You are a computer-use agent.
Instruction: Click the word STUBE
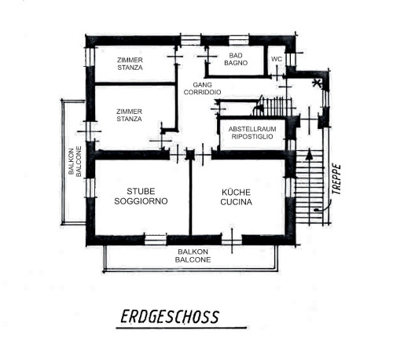pos(141,192)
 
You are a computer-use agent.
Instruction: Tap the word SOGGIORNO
pos(141,201)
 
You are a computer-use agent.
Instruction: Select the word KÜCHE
pos(236,192)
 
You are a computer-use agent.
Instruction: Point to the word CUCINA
pos(236,202)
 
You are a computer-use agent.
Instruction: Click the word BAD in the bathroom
pos(236,56)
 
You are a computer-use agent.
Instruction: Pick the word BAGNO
pos(236,63)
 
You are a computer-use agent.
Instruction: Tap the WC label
pos(277,59)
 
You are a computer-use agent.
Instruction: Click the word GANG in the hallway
pos(202,85)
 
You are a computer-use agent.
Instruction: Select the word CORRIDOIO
pos(202,92)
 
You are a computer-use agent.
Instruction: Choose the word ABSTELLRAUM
pos(252,129)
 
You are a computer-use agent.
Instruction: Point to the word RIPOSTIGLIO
pos(252,137)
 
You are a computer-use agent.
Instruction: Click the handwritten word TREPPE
pos(336,179)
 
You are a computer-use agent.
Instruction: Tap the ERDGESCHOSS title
pos(170,317)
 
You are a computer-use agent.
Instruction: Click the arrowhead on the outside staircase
pos(310,154)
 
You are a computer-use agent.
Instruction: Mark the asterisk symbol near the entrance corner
pos(317,83)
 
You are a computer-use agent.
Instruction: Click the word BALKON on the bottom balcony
pos(193,252)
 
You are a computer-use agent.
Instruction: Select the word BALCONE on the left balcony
pos(79,161)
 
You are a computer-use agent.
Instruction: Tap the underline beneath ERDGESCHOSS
pos(182,328)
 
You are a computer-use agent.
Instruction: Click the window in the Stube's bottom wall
pos(156,240)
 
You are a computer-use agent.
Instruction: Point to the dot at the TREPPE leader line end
pos(316,210)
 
